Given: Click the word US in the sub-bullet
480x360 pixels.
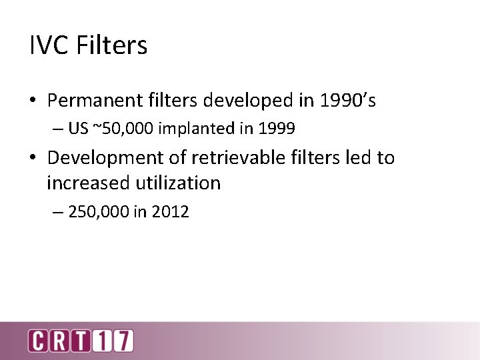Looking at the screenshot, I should [x=78, y=129].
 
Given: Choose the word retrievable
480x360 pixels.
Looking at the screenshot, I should [x=233, y=158].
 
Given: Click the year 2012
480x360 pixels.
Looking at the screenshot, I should [x=170, y=213].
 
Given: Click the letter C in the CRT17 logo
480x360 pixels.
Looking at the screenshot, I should [x=37, y=341].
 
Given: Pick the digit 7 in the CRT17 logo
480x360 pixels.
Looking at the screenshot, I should [x=123, y=341].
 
